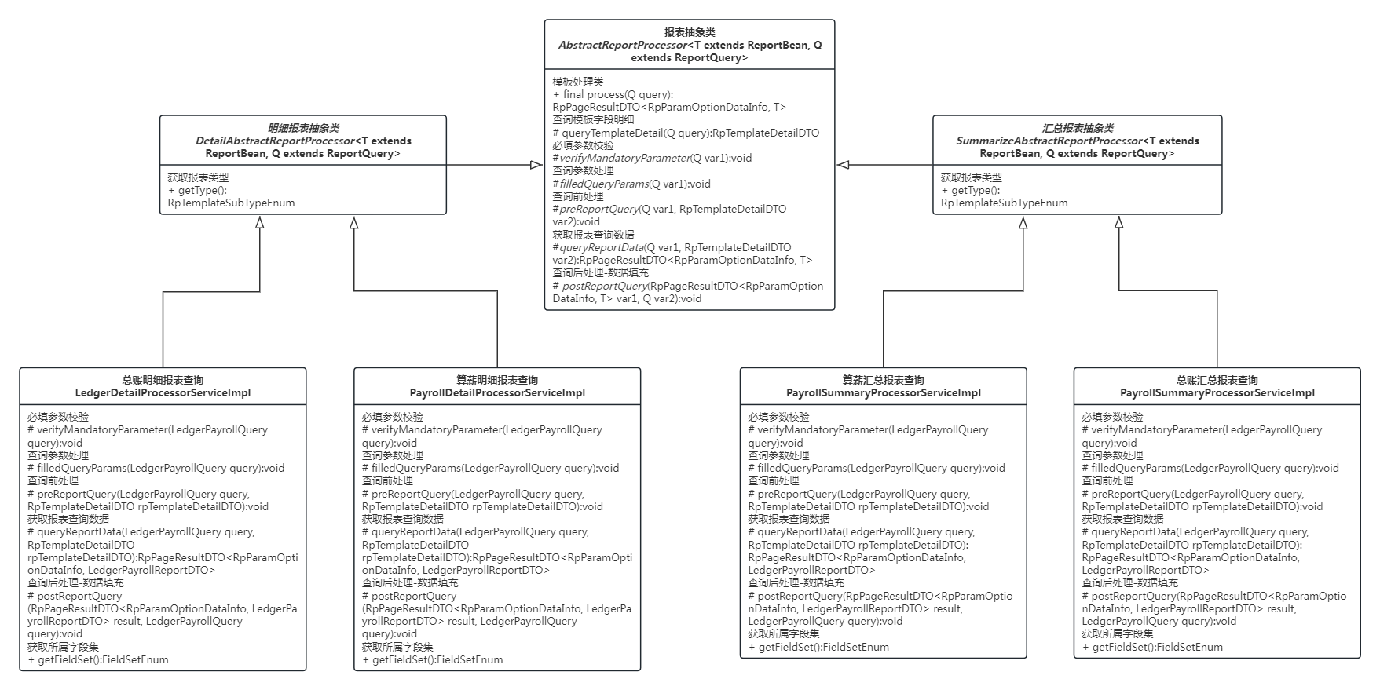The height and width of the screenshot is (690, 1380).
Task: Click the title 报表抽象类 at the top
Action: [690, 32]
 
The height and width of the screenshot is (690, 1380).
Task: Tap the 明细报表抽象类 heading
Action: [303, 128]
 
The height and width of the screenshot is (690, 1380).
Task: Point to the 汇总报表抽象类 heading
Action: [1078, 128]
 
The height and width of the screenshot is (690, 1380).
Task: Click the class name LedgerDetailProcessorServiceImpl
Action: [163, 392]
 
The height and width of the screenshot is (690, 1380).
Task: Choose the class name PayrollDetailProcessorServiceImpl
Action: [497, 392]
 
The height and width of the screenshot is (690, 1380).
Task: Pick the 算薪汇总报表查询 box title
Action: [884, 380]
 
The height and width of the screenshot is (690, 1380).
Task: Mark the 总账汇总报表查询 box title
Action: [1217, 380]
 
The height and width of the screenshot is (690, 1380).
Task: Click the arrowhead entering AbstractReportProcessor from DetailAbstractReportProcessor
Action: [536, 165]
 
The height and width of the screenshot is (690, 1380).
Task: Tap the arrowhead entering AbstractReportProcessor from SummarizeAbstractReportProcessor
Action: [844, 165]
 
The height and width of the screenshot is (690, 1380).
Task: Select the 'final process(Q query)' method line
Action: [613, 94]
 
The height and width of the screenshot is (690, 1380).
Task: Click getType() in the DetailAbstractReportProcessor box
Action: [198, 190]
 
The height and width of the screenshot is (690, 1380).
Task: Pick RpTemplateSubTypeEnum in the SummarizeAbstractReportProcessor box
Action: [1004, 203]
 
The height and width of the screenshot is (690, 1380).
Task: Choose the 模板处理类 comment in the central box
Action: [578, 82]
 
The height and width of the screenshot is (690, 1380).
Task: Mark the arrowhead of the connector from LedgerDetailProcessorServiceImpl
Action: [259, 223]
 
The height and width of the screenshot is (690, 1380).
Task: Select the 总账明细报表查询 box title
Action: [163, 380]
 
